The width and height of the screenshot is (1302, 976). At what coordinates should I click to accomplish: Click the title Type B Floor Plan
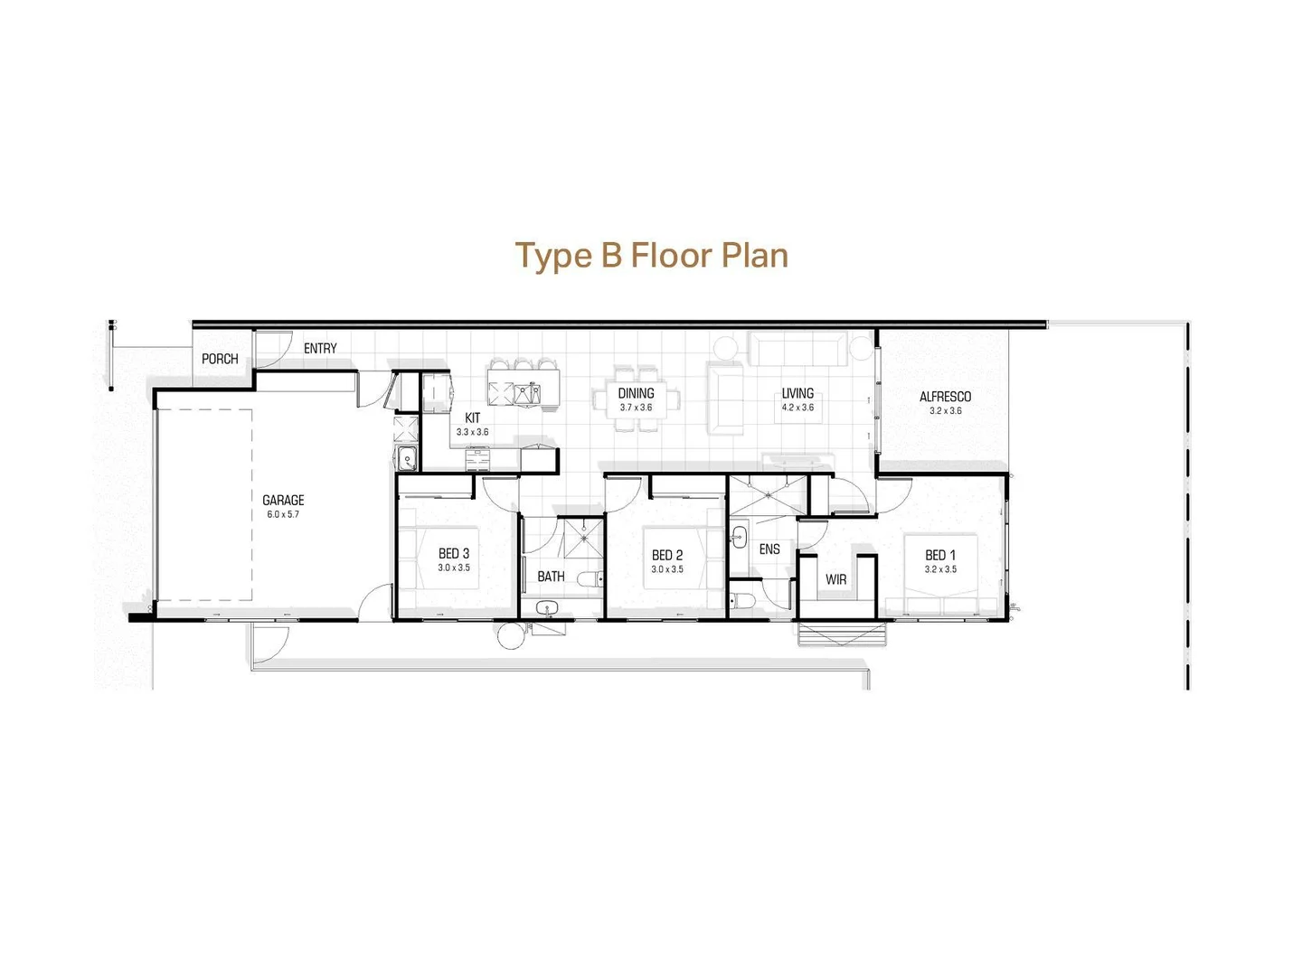651,256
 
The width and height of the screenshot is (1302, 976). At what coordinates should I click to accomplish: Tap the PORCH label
220,359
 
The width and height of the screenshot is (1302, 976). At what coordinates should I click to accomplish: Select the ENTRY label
320,348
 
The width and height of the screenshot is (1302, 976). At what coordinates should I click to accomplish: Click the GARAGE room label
283,500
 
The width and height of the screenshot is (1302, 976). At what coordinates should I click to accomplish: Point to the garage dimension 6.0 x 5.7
283,515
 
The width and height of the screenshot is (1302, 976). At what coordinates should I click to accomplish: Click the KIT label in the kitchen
473,418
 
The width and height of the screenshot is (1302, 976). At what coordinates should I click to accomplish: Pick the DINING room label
636,393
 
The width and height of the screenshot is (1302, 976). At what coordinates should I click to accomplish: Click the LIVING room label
797,393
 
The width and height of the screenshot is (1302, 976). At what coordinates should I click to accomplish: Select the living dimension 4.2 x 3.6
797,408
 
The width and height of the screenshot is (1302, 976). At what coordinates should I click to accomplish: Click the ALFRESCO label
945,397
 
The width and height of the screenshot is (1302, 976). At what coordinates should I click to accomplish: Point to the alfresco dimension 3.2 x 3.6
945,411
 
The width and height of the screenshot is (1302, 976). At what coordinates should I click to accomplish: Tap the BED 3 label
454,553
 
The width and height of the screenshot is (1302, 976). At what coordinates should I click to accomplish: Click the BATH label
551,576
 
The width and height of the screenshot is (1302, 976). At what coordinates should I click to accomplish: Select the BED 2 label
667,555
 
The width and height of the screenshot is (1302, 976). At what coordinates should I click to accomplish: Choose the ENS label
769,549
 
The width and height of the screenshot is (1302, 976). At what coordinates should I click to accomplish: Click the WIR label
835,579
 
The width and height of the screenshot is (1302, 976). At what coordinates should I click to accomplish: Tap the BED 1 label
940,555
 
